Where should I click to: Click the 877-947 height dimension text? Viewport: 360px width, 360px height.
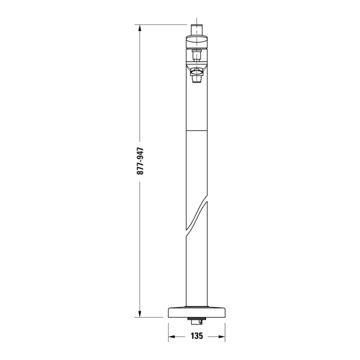pos(140,161)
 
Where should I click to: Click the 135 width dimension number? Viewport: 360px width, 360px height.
pos(197,336)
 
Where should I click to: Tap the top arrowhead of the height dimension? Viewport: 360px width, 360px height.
pos(139,28)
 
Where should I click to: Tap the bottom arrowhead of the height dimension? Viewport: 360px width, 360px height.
pos(139,313)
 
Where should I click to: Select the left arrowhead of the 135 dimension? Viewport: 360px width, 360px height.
pos(172,337)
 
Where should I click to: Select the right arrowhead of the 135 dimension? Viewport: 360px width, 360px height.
pos(221,337)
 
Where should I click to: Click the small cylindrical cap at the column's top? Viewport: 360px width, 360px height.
pos(197,30)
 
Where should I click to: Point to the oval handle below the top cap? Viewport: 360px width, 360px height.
pos(197,41)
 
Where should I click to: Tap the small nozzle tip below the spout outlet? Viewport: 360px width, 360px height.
pos(197,79)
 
